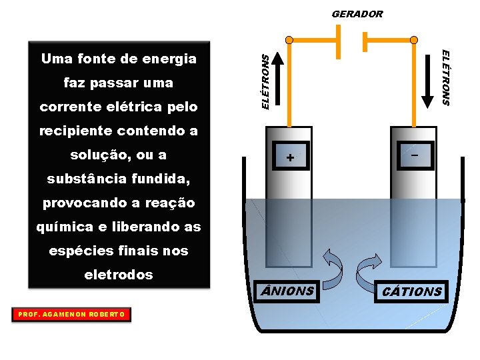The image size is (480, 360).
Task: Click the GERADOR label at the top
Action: pyautogui.click(x=357, y=13)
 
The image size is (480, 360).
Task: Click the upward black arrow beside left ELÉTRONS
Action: pyautogui.click(x=279, y=80)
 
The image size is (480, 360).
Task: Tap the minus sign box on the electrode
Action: pyautogui.click(x=415, y=155)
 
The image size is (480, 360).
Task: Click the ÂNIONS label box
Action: pyautogui.click(x=287, y=291)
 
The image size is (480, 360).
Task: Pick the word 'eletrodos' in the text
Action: pyautogui.click(x=119, y=275)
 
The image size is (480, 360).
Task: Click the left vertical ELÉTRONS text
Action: pyautogui.click(x=265, y=81)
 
